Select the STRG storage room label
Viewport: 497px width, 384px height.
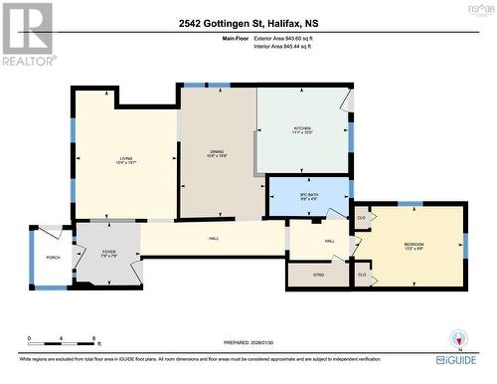click(319, 274)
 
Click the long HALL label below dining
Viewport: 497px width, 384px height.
click(214, 239)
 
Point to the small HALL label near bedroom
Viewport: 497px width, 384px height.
click(328, 241)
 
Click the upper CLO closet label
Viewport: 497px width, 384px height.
click(362, 217)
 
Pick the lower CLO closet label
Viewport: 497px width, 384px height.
click(362, 274)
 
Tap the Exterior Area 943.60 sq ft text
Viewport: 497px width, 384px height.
click(290, 38)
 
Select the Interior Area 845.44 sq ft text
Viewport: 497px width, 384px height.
click(290, 46)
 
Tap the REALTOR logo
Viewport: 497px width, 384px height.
click(27, 35)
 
